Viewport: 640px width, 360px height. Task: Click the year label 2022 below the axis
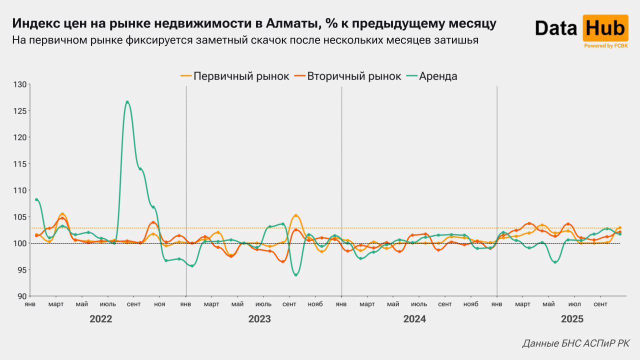click(x=101, y=319)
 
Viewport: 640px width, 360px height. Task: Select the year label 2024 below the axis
click(x=414, y=319)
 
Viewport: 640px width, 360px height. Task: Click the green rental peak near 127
click(x=127, y=102)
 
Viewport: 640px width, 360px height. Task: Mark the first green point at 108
click(x=36, y=199)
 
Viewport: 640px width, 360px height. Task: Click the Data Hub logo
click(x=581, y=28)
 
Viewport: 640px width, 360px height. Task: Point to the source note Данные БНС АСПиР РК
click(x=576, y=343)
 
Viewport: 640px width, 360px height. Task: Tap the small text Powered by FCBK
click(x=605, y=46)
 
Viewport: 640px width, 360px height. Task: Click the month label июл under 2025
click(x=575, y=304)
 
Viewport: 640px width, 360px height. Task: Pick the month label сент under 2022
click(x=133, y=304)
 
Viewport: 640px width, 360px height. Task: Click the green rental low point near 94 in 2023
click(x=296, y=274)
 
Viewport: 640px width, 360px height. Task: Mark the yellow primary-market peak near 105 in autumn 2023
click(x=296, y=216)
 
